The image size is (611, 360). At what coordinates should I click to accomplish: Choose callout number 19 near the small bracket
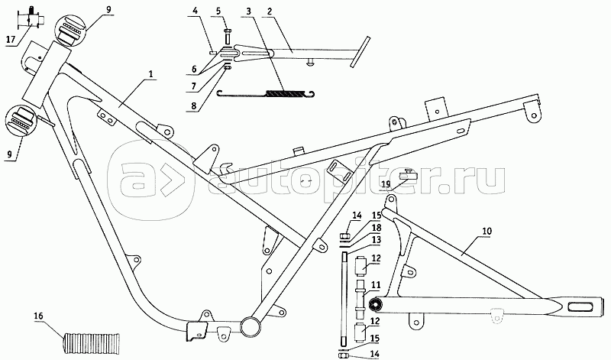click(x=386, y=183)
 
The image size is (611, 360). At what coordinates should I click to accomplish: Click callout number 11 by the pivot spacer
click(x=375, y=285)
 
